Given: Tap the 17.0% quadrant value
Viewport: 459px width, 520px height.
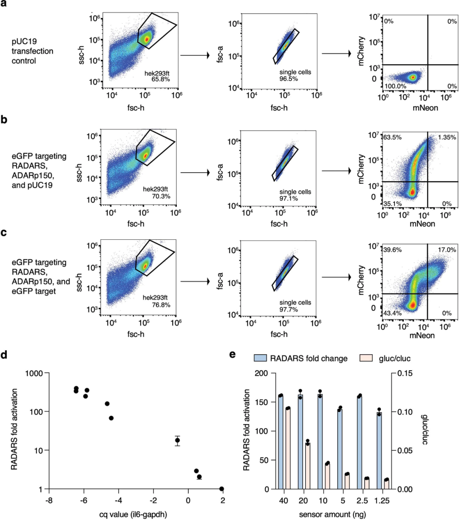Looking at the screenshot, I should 447,250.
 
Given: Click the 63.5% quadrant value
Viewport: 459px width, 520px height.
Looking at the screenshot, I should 392,137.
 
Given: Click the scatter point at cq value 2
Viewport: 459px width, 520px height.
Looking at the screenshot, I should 221,489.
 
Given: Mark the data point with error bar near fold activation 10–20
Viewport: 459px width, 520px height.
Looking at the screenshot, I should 178,440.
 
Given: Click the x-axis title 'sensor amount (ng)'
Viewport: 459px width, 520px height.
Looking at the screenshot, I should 332,514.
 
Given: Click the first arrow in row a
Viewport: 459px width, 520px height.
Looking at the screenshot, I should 195,55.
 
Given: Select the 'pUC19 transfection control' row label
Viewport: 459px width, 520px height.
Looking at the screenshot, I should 32,51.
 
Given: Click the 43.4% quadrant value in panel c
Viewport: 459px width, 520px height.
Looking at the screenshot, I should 392,313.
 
